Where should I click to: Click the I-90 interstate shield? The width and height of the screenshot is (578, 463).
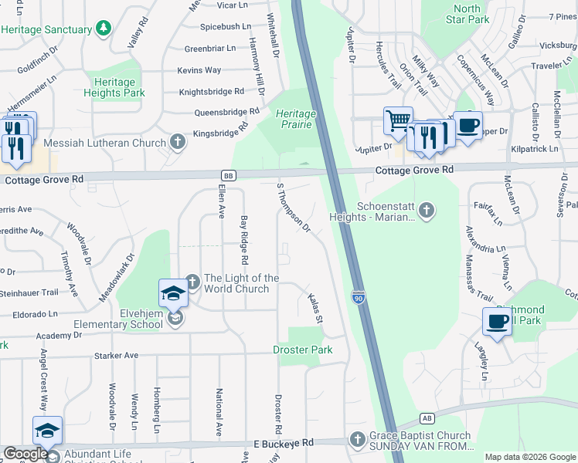pos(358,296)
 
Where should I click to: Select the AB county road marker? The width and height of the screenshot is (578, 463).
pos(427,417)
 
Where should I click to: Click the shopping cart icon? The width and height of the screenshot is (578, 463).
pos(397,120)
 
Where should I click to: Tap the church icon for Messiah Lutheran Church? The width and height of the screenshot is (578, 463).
pos(178,142)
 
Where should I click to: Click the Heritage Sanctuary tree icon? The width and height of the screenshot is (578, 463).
pos(104,29)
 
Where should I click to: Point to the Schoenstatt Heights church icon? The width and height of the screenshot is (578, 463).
pos(426,208)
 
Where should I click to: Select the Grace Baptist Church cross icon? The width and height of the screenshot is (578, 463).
pos(356,439)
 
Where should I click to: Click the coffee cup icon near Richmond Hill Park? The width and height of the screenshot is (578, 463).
pos(497,320)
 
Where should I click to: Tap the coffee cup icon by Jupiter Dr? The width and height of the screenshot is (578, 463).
pos(467,124)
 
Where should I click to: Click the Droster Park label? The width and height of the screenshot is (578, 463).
pos(303,350)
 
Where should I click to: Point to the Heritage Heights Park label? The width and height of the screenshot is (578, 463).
pos(114,87)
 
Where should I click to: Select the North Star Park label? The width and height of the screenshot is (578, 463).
pos(467,14)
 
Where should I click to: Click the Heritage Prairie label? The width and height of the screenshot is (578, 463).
pos(296,119)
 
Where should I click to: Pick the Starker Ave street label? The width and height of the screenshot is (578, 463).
pos(115,356)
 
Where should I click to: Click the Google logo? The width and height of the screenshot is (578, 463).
pos(25,454)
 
